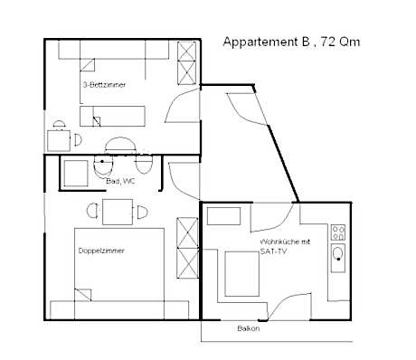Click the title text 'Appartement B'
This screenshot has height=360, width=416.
[x=263, y=41]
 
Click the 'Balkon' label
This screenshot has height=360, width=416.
[x=249, y=328]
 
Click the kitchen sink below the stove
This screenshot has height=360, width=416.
[x=338, y=256]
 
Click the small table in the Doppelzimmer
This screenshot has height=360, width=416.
[x=118, y=212]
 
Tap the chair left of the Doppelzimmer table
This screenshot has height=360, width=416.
[x=91, y=212]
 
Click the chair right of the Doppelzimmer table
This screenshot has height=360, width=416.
[x=143, y=212]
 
